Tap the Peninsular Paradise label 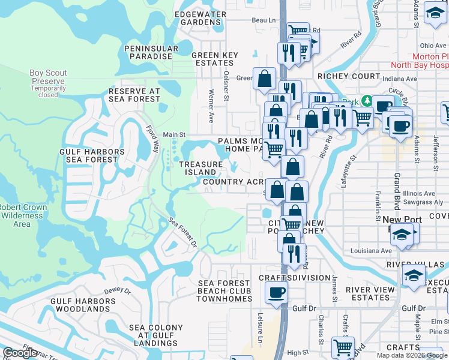click(151, 52)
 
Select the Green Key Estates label click(214, 59)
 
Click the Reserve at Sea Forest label click(134, 95)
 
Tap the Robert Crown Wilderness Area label click(23, 216)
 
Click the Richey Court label click(349, 76)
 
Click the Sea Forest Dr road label click(182, 232)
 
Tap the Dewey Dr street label click(117, 290)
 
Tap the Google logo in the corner click(20, 353)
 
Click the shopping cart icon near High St click(343, 347)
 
